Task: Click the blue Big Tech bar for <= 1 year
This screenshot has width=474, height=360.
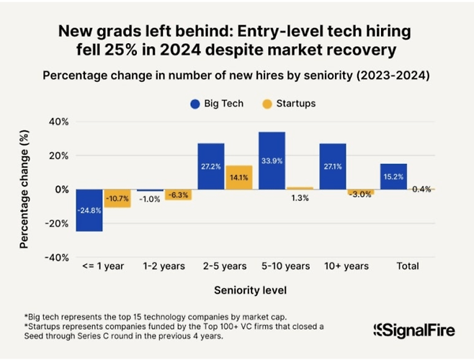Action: [90, 210]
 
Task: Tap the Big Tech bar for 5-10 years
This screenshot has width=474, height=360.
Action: [272, 161]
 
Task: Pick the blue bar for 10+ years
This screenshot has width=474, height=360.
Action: [333, 166]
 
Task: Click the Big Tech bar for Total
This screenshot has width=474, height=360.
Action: [393, 176]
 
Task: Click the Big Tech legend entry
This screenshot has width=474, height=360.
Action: [216, 103]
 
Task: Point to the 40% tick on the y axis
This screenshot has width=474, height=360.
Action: [57, 122]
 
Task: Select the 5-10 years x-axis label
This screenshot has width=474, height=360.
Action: [285, 266]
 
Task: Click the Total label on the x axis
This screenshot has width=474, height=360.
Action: [408, 266]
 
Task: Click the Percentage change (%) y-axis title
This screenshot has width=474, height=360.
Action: [24, 189]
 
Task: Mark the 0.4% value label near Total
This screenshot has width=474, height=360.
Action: [421, 189]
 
